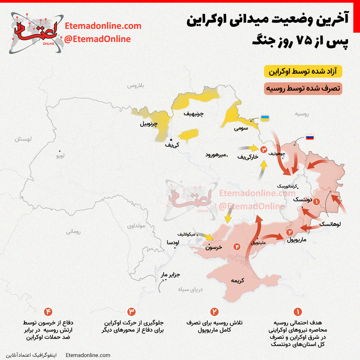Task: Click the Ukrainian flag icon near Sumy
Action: pyautogui.click(x=265, y=118)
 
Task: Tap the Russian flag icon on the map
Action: pyautogui.click(x=310, y=137)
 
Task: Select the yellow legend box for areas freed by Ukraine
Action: pyautogui.click(x=303, y=72)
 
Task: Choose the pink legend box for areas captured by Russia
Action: pyautogui.click(x=303, y=89)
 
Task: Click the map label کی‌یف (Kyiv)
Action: pyautogui.click(x=172, y=145)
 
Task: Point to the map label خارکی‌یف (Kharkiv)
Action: pyautogui.click(x=248, y=156)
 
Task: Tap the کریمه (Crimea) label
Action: pyautogui.click(x=237, y=281)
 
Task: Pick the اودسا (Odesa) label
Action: pyautogui.click(x=173, y=242)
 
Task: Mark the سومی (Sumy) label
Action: pyautogui.click(x=241, y=128)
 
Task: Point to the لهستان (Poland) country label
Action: pyautogui.click(x=23, y=139)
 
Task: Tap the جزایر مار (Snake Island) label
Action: pyautogui.click(x=170, y=275)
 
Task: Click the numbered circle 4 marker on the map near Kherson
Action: pyautogui.click(x=237, y=247)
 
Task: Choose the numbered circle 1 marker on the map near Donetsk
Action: pyautogui.click(x=316, y=201)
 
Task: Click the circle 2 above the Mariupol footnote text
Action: pyautogui.click(x=214, y=312)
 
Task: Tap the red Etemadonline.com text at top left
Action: pyautogui.click(x=103, y=26)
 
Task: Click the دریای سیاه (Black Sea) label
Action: pyautogui.click(x=191, y=289)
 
